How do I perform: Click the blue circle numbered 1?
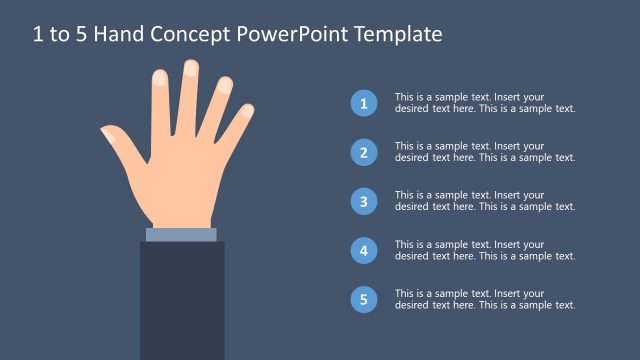364,103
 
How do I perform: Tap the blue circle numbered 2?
364,152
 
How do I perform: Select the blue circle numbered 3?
364,201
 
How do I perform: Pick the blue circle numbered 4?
364,250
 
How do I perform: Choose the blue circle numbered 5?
364,299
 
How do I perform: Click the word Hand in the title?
121,34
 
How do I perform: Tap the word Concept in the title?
191,34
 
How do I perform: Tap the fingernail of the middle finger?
191,69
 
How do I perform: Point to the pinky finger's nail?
247,110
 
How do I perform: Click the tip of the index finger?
159,76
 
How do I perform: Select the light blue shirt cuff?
181,235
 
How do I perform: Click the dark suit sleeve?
181,300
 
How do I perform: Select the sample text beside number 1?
484,103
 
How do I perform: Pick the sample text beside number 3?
484,201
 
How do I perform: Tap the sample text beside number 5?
484,299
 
